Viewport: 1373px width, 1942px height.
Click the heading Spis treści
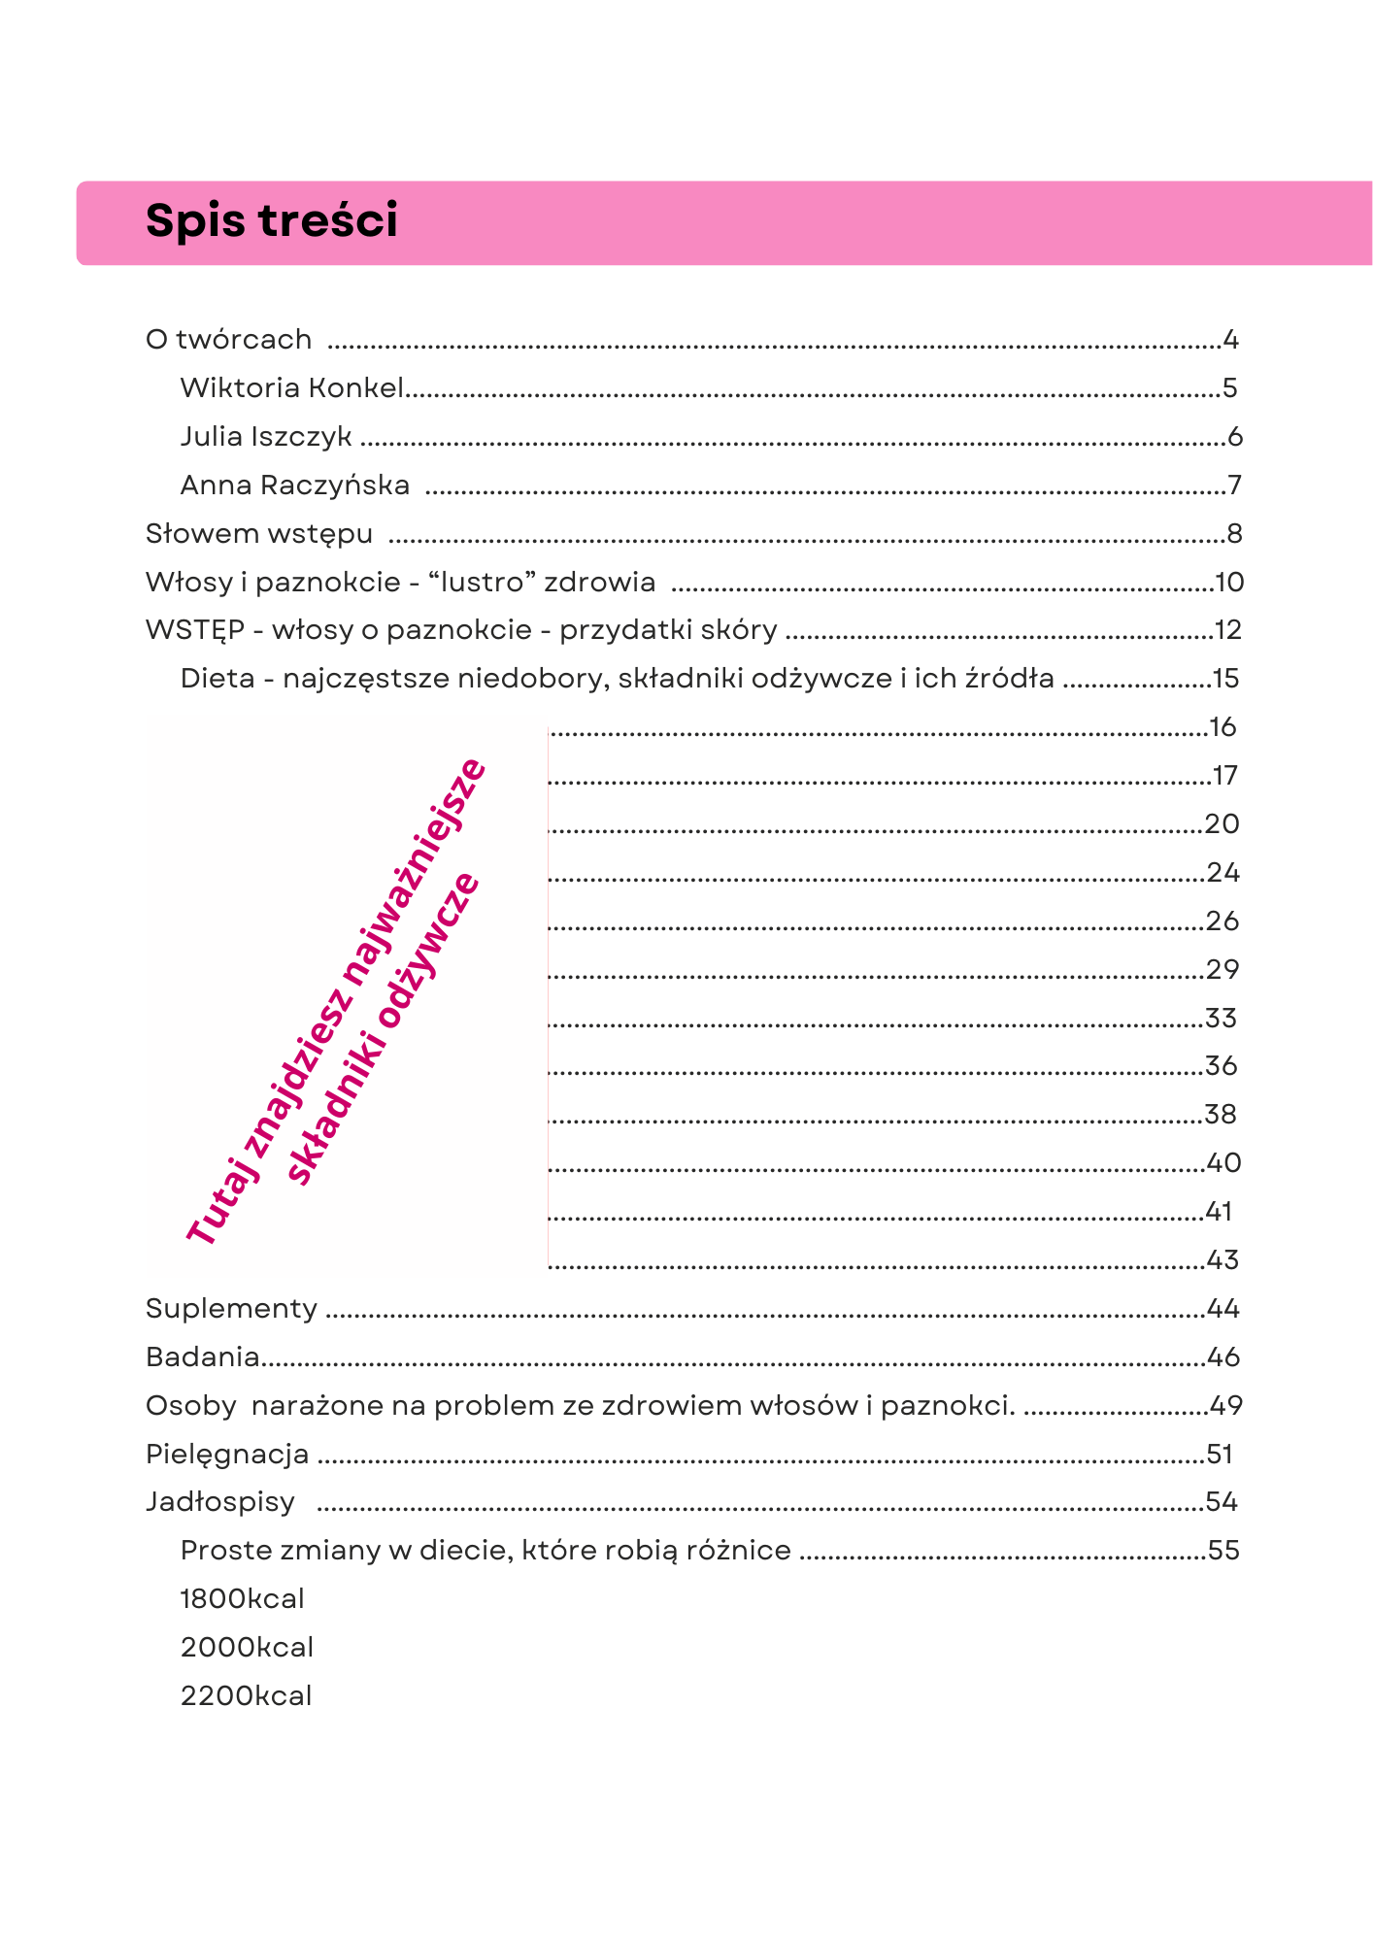[x=272, y=221]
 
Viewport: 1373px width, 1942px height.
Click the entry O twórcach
[x=229, y=340]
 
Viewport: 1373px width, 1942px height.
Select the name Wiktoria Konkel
[x=291, y=388]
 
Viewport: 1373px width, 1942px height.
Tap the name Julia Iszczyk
[x=266, y=437]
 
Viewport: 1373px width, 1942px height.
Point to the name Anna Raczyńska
[x=295, y=485]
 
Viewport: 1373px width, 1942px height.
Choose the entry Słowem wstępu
[x=259, y=534]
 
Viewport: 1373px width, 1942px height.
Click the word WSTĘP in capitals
[x=194, y=630]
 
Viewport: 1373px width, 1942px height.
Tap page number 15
[x=1225, y=679]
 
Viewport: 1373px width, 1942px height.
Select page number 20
[x=1222, y=824]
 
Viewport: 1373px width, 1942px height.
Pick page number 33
[x=1222, y=1019]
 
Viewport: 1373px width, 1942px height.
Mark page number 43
[x=1222, y=1260]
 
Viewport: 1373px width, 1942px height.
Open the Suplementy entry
[x=232, y=1309]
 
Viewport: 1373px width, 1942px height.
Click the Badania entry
[x=203, y=1357]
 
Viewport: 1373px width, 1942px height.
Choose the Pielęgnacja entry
[x=227, y=1455]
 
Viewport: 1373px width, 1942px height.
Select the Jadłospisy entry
[x=220, y=1502]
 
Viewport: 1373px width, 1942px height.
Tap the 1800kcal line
[x=243, y=1599]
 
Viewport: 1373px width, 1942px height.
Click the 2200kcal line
[x=247, y=1696]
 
